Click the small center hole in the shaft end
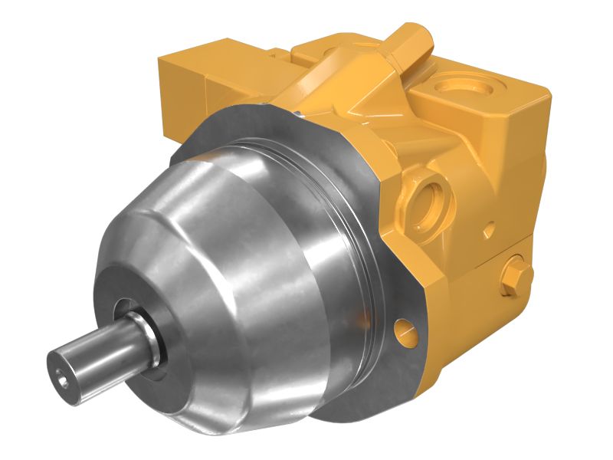coord(62,373)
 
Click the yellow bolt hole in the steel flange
coord(405,331)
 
